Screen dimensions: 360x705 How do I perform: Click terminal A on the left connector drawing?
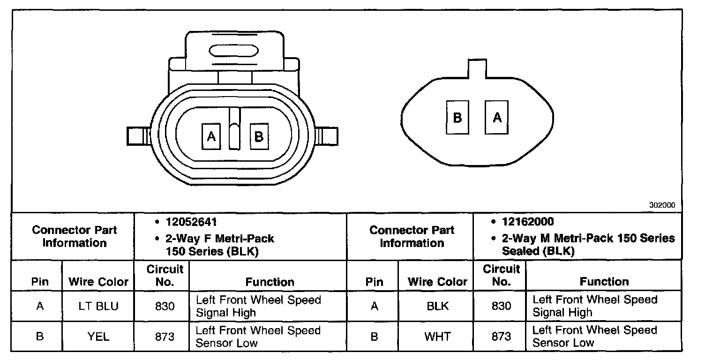[211, 136]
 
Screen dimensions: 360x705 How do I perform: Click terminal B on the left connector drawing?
[259, 136]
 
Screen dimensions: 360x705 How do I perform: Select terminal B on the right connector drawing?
[457, 117]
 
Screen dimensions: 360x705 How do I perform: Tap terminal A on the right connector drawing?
[497, 117]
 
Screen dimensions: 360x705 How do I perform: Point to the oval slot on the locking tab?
[233, 51]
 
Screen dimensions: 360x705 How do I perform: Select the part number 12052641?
[191, 222]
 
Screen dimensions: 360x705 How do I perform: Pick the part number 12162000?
[528, 222]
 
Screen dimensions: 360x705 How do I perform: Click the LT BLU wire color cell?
[98, 306]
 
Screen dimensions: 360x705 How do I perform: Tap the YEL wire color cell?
[98, 337]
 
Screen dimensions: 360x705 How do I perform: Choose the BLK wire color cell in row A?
[438, 306]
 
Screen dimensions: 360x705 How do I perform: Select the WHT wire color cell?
[438, 337]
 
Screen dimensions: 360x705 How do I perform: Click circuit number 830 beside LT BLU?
[165, 306]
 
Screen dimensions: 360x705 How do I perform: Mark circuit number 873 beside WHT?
[501, 337]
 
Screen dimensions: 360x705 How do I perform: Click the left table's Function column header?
[270, 282]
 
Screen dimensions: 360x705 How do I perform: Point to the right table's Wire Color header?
[438, 282]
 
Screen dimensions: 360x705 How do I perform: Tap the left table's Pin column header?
[40, 282]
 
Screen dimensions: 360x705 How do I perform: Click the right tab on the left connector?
[328, 136]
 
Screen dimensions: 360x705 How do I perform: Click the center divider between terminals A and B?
[234, 129]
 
